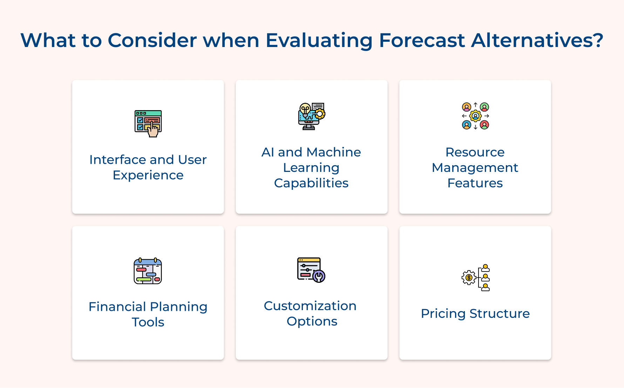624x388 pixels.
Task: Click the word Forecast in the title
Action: [x=422, y=40]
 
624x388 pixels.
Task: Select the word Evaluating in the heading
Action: [x=319, y=40]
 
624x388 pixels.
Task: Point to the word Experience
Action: [x=148, y=175]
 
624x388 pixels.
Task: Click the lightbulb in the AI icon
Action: [x=305, y=109]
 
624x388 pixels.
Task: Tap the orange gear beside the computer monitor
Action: [x=320, y=114]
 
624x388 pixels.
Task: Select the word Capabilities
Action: [x=311, y=183]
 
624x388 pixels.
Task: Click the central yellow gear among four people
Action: [x=475, y=116]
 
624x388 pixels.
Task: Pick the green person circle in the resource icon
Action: [x=484, y=107]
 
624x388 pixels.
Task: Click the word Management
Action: [x=475, y=168]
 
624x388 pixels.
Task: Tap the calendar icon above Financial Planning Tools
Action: [x=148, y=271]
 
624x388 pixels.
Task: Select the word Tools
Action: [x=148, y=322]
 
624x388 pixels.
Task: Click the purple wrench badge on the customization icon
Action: [x=319, y=276]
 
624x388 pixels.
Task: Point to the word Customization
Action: [x=310, y=306]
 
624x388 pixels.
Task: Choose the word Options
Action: [x=312, y=321]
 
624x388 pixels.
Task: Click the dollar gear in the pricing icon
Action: [x=469, y=278]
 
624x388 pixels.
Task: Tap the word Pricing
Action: [x=443, y=314]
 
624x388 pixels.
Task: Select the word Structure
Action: [x=500, y=314]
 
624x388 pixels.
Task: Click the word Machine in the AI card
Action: [x=333, y=152]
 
